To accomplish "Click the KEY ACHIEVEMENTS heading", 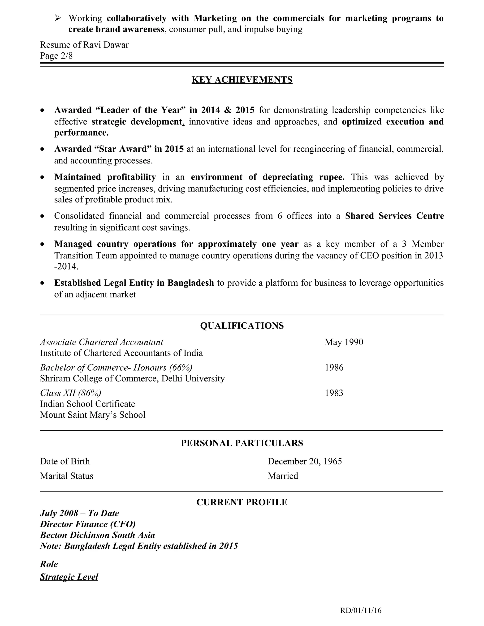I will coord(242,80).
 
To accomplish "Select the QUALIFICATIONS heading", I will coord(242,326).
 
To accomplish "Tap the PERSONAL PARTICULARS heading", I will coord(242,443).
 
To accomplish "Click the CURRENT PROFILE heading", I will coord(242,502).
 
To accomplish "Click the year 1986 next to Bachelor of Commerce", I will coord(334,368).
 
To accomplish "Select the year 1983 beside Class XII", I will coord(334,393).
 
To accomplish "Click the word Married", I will coord(283,476).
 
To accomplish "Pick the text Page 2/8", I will coord(56,56).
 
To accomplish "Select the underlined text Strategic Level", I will coord(69,577).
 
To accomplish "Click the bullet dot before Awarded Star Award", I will coord(43,149).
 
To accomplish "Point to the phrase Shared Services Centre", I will coord(394,216).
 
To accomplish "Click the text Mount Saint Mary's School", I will coord(93,415).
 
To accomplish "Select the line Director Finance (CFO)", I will coord(87,524).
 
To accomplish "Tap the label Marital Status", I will coord(66,476).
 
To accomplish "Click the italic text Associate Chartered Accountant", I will coord(101,342).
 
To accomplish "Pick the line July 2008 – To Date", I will coord(79,513).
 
